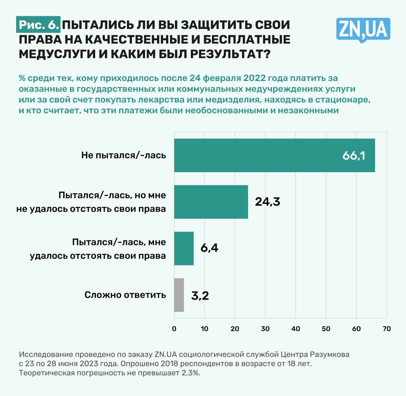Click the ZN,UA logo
point(363,29)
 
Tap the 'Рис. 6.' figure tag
point(39,25)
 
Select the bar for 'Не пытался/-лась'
point(274,155)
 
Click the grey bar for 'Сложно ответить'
point(179,295)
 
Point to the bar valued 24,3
point(211,202)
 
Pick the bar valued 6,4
point(184,248)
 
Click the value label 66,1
point(354,156)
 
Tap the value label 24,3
point(267,202)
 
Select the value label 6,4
point(209,248)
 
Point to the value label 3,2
point(200,296)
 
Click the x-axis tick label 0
point(174,329)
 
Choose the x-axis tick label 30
point(265,329)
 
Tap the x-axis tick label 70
point(387,329)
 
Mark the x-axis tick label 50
point(326,329)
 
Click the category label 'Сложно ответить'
point(125,295)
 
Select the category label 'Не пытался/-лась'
point(123,155)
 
